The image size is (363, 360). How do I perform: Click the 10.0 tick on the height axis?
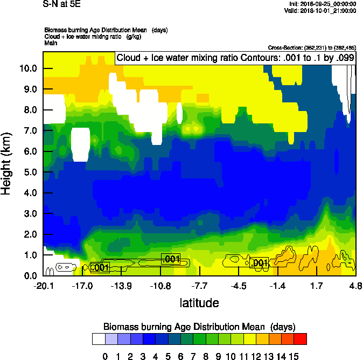[x=27, y=68]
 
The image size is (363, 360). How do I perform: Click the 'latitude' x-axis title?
[x=199, y=303]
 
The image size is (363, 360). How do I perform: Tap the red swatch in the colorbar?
[x=301, y=339]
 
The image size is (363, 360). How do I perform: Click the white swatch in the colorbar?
[x=99, y=339]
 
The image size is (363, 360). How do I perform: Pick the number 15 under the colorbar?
[x=294, y=356]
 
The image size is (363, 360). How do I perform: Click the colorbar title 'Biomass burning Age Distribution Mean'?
[x=199, y=327]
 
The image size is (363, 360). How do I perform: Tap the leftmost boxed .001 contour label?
[x=100, y=267]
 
